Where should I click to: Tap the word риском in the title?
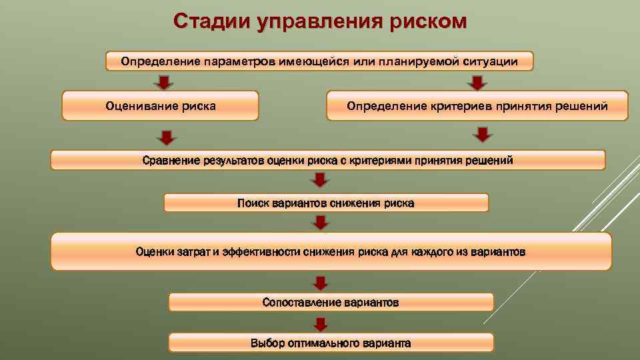[x=425, y=21]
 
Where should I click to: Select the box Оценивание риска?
[x=160, y=106]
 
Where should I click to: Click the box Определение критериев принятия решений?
[x=477, y=106]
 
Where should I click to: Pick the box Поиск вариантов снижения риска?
[x=325, y=203]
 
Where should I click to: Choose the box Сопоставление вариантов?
[x=331, y=303]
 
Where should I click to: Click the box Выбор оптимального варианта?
[x=331, y=343]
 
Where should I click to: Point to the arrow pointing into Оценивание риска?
[x=163, y=83]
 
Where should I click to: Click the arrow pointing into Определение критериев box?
[x=476, y=83]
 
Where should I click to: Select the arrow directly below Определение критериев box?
[x=483, y=134]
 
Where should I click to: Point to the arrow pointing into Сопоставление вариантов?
[x=321, y=283]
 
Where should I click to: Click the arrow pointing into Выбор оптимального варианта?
[x=321, y=324]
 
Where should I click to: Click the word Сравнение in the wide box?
[x=169, y=160]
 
